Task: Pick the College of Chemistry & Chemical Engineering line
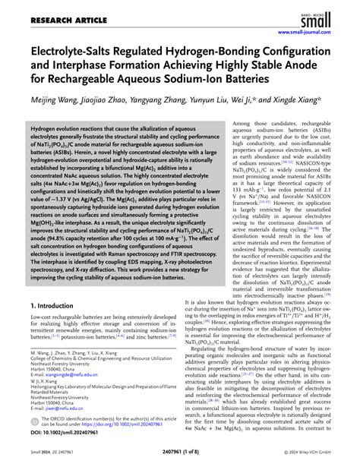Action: pyautogui.click(x=99, y=378)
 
